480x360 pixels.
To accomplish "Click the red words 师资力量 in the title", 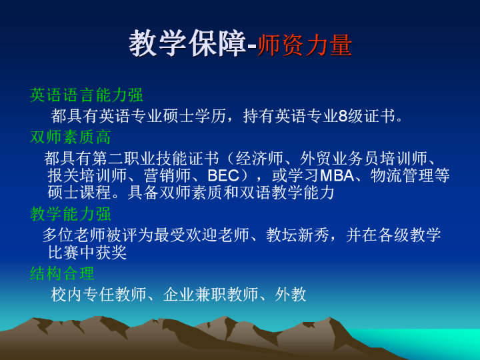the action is click(305, 45).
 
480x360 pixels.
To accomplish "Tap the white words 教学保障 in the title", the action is click(187, 44).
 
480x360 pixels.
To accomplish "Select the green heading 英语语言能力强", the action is click(86, 95).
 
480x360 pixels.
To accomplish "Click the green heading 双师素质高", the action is click(70, 137).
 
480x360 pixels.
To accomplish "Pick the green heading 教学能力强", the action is click(70, 213).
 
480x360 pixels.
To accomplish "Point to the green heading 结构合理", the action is click(62, 273).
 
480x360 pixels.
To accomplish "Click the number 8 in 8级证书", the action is click(343, 116).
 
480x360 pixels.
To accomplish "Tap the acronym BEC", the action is click(223, 176).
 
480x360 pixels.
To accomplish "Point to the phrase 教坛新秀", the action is click(297, 235).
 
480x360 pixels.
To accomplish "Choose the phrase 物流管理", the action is click(402, 176).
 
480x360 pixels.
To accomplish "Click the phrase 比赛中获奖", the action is click(87, 252).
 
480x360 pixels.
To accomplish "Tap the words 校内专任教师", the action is click(99, 295).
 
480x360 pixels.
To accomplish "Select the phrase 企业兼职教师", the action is click(211, 295).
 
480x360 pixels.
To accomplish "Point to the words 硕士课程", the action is click(79, 193).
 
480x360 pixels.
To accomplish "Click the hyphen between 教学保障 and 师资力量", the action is click(251, 47).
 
